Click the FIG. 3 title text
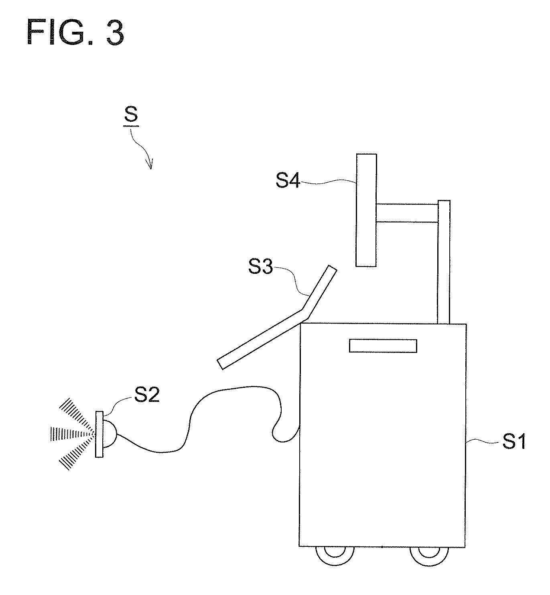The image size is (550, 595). [75, 32]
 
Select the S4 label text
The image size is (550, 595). [287, 181]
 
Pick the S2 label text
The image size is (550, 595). [147, 395]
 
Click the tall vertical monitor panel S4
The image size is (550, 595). [366, 210]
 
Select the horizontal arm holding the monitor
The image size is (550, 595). [407, 213]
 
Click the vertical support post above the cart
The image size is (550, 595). [444, 262]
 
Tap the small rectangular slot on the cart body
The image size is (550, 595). [383, 346]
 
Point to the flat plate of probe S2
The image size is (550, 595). [99, 434]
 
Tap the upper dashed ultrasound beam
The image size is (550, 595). [77, 415]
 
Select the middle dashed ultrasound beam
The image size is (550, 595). [72, 434]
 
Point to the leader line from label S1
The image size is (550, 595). [483, 441]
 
